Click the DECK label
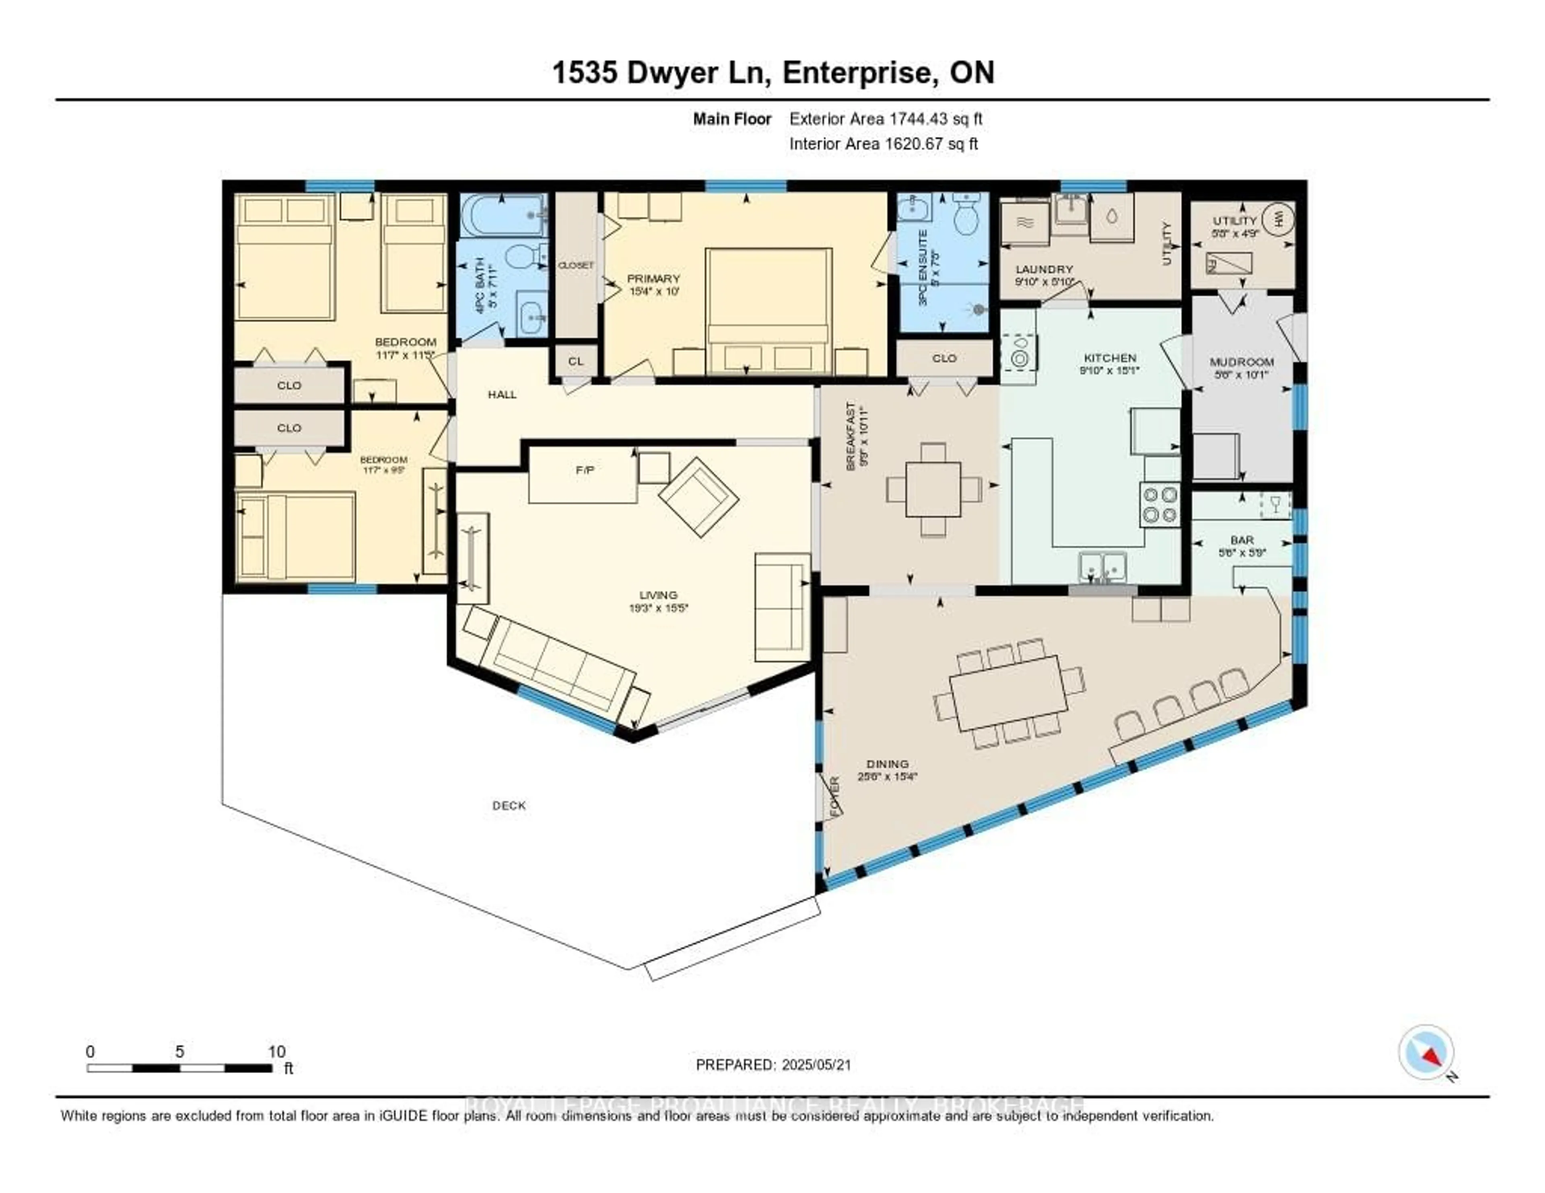(x=509, y=806)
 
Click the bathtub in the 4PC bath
(x=502, y=216)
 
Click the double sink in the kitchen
(x=1102, y=566)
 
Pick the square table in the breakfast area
(x=933, y=490)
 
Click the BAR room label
(x=1242, y=540)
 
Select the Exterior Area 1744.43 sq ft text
(x=886, y=119)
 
